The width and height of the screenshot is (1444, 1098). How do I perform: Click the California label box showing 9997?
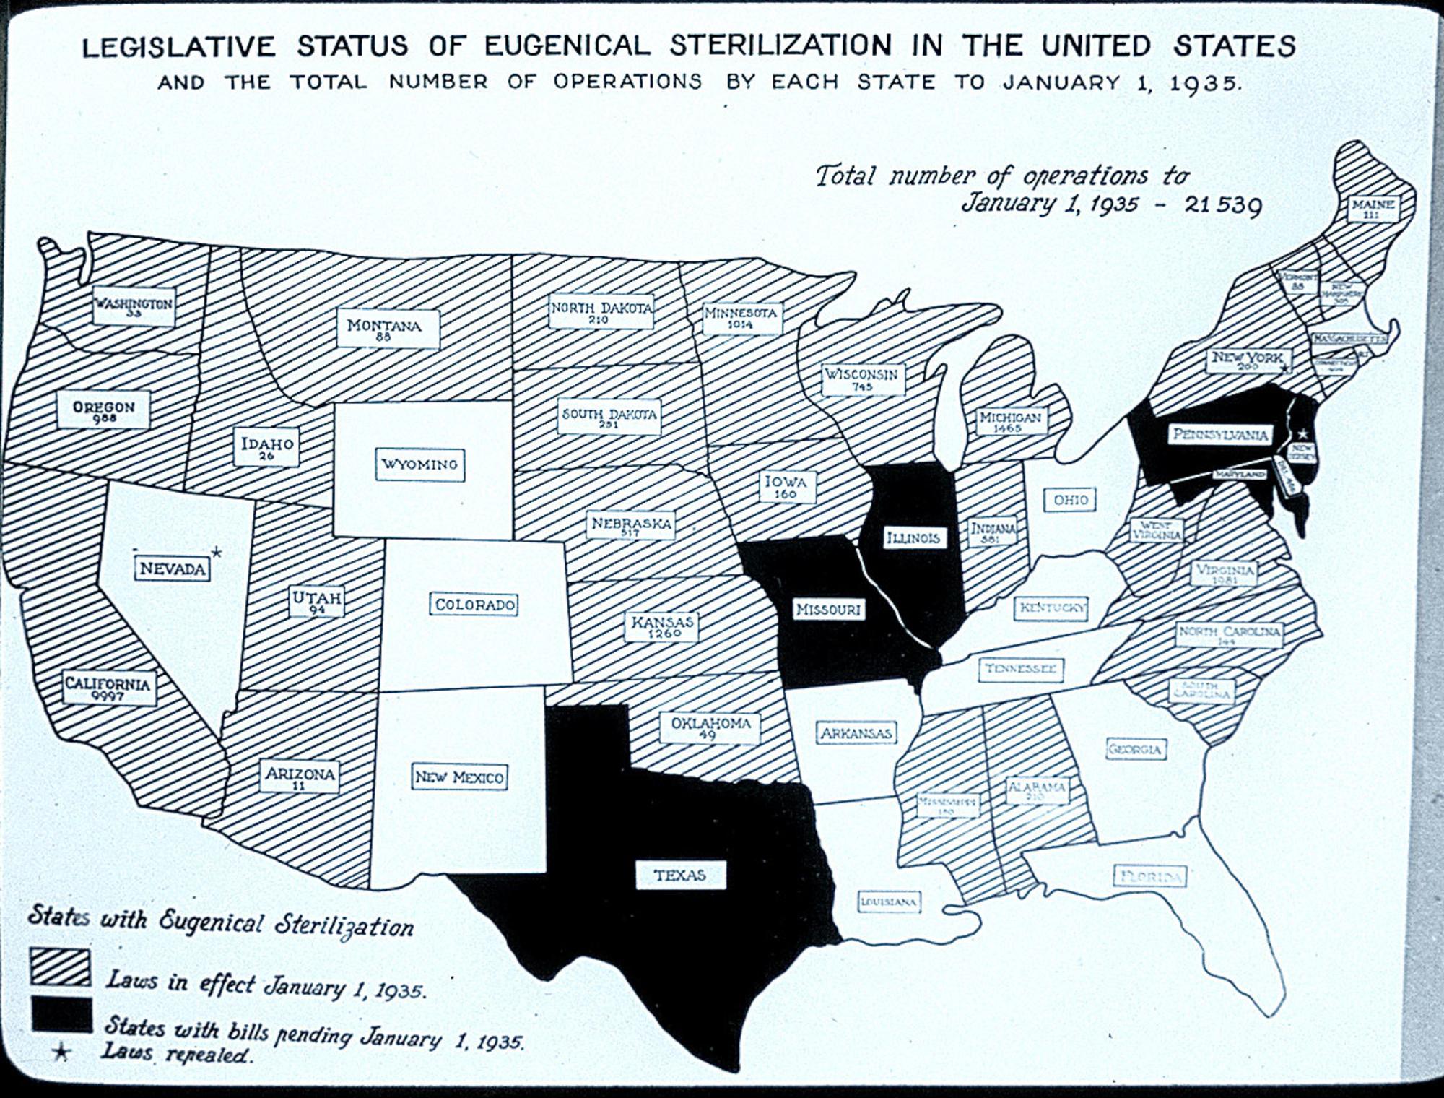coord(108,688)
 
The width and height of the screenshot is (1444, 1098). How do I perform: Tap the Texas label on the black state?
coord(679,876)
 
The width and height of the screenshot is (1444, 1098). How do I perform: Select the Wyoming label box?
coord(419,464)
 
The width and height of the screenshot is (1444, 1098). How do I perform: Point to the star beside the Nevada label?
coord(216,553)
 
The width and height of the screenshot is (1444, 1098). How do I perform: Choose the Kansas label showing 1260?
coord(661,626)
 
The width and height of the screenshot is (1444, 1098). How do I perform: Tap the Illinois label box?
coord(913,538)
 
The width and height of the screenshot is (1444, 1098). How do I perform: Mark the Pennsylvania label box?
coord(1220,435)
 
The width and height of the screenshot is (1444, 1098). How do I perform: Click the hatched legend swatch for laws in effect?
coord(61,967)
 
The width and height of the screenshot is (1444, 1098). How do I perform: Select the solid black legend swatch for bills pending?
coord(61,1013)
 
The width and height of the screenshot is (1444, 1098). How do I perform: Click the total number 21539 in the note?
coord(1224,205)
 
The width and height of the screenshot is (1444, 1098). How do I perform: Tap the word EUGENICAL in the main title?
coord(567,46)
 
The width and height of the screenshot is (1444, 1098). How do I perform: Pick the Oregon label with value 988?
coord(104,410)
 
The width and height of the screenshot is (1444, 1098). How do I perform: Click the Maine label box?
coord(1372,209)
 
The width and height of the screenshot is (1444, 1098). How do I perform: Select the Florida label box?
coord(1149,877)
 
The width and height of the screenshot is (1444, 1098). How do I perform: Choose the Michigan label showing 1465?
coord(1010,421)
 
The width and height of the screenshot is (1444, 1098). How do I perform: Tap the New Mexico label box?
coord(459,777)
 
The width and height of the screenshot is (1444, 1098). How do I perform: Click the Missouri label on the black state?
coord(828,610)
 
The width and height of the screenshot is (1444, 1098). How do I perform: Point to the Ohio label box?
coord(1070,500)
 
